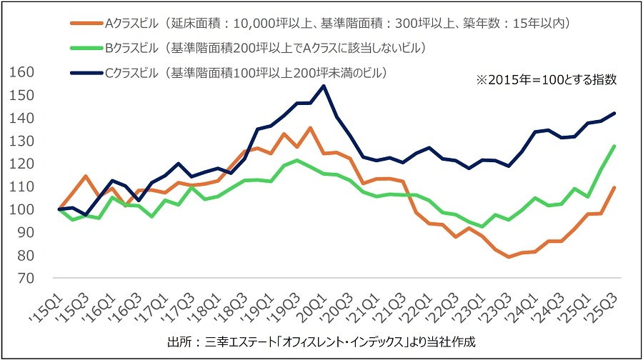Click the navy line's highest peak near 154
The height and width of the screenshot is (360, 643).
click(324, 86)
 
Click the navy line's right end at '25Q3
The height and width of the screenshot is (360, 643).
click(615, 113)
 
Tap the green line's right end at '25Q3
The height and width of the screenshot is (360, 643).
click(615, 146)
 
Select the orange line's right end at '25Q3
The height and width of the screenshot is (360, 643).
click(615, 187)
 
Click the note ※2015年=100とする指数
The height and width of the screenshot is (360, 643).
click(546, 81)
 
